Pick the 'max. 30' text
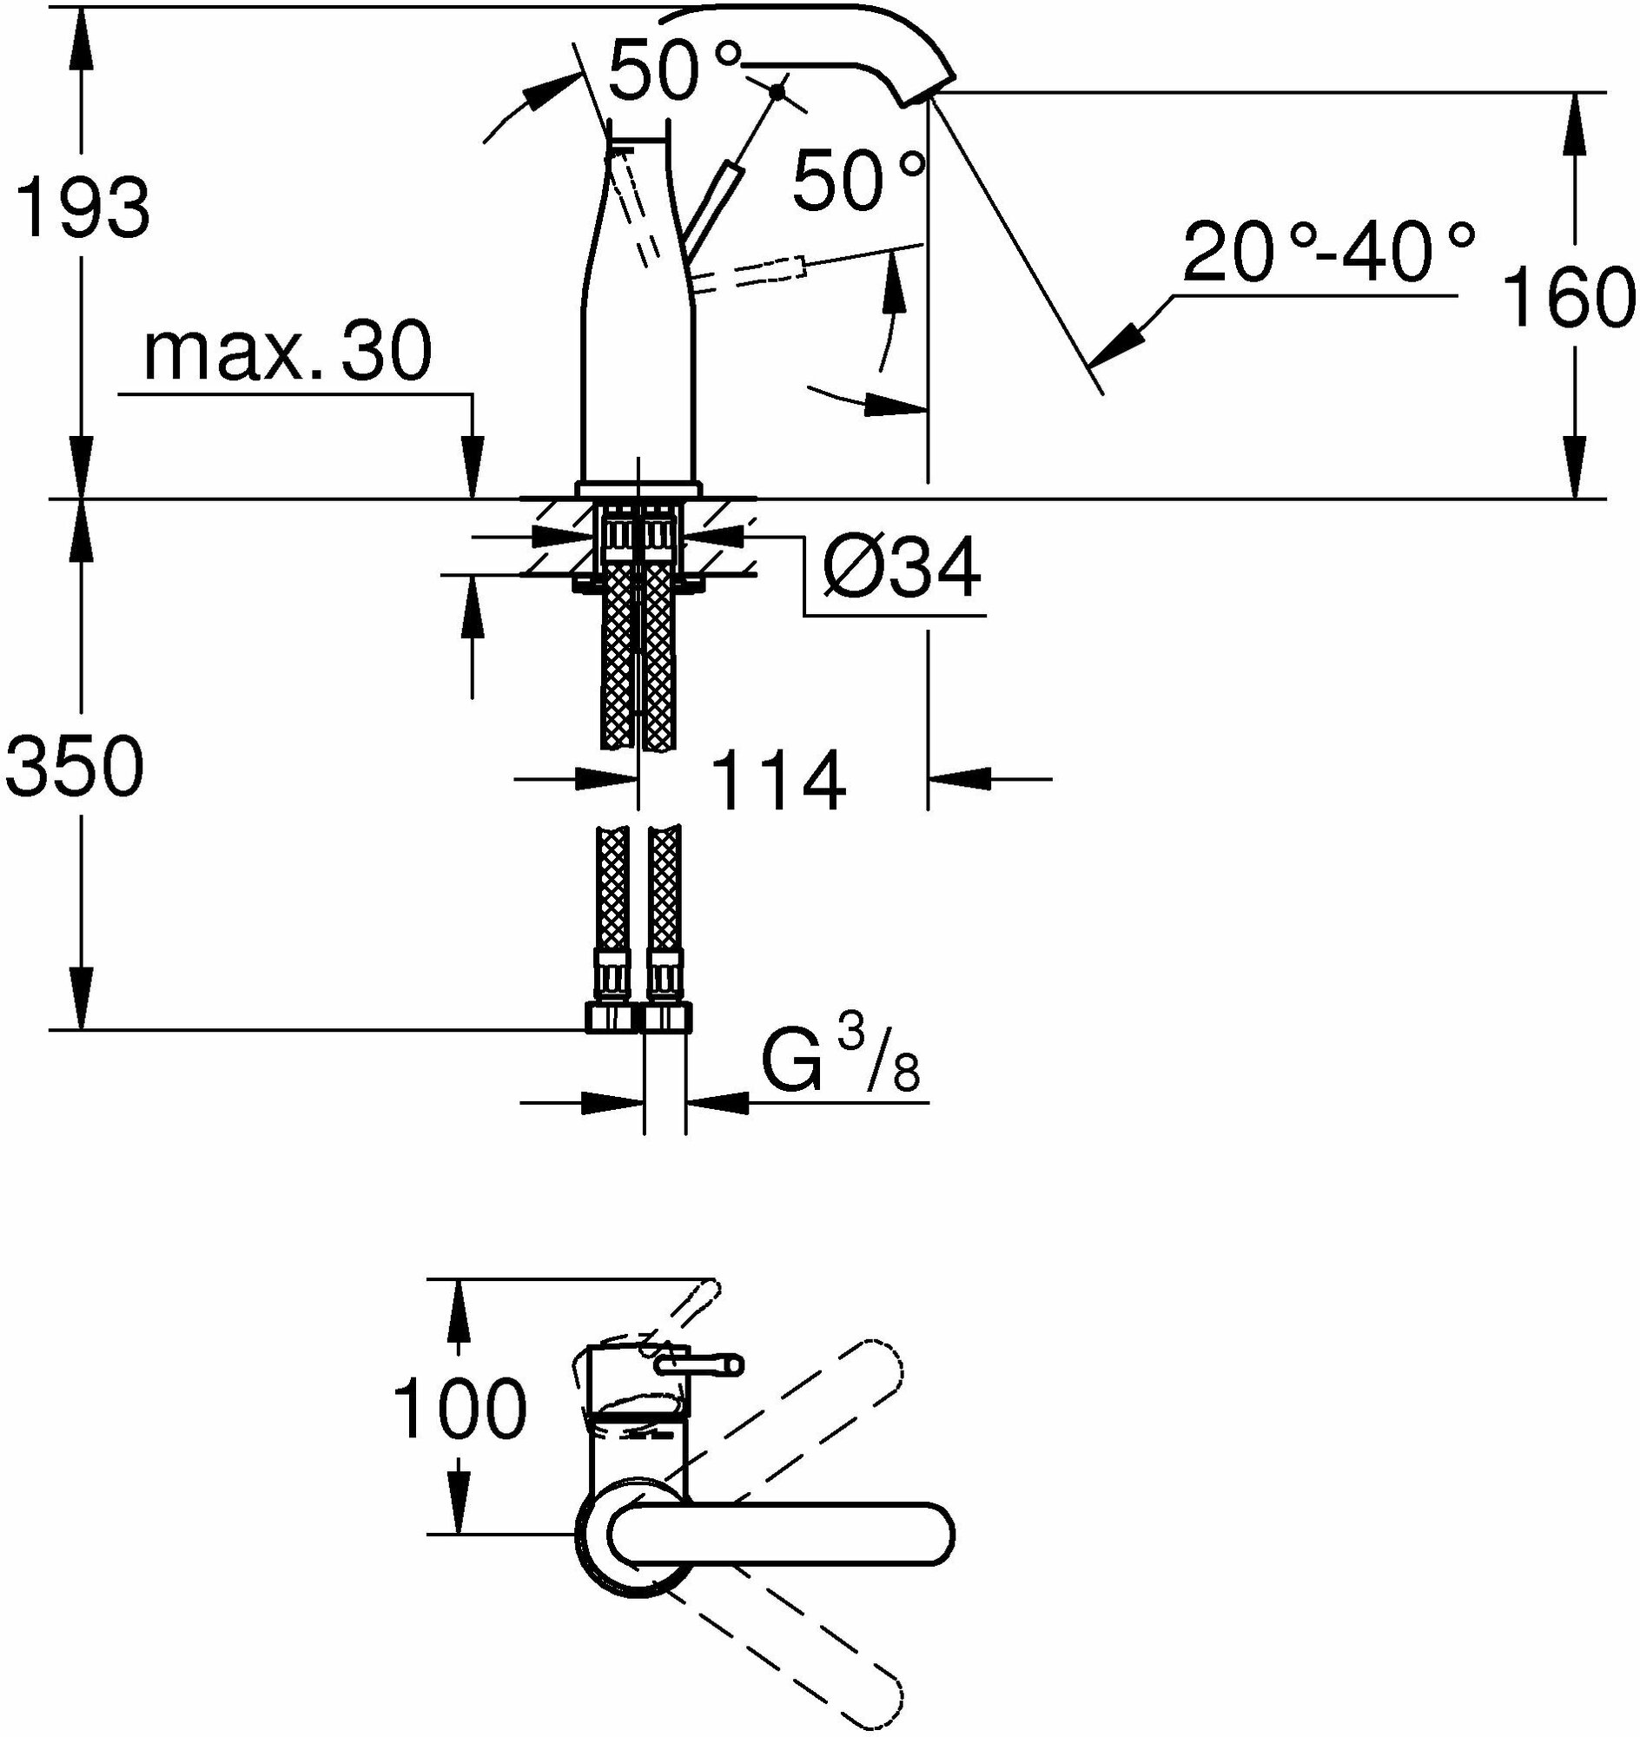[x=288, y=352]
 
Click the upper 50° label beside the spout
[x=674, y=71]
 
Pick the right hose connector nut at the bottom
[x=667, y=1018]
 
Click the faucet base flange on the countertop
[x=638, y=489]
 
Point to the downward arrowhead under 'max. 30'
[x=472, y=472]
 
